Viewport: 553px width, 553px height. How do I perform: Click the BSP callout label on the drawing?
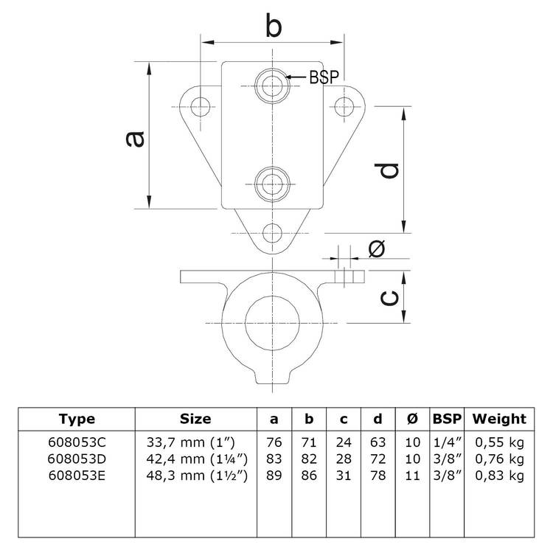[324, 77]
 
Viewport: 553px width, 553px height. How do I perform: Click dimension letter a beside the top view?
[133, 137]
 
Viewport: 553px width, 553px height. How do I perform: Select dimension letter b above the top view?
[274, 27]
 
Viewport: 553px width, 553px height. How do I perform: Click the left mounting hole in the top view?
[199, 106]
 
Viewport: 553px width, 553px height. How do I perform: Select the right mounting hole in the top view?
[345, 106]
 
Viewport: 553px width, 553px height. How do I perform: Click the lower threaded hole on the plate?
[272, 179]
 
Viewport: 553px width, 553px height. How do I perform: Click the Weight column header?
[499, 419]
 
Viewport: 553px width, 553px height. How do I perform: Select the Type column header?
[77, 419]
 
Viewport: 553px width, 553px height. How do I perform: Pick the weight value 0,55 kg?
[499, 442]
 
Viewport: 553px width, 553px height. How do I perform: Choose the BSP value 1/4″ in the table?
[446, 442]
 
